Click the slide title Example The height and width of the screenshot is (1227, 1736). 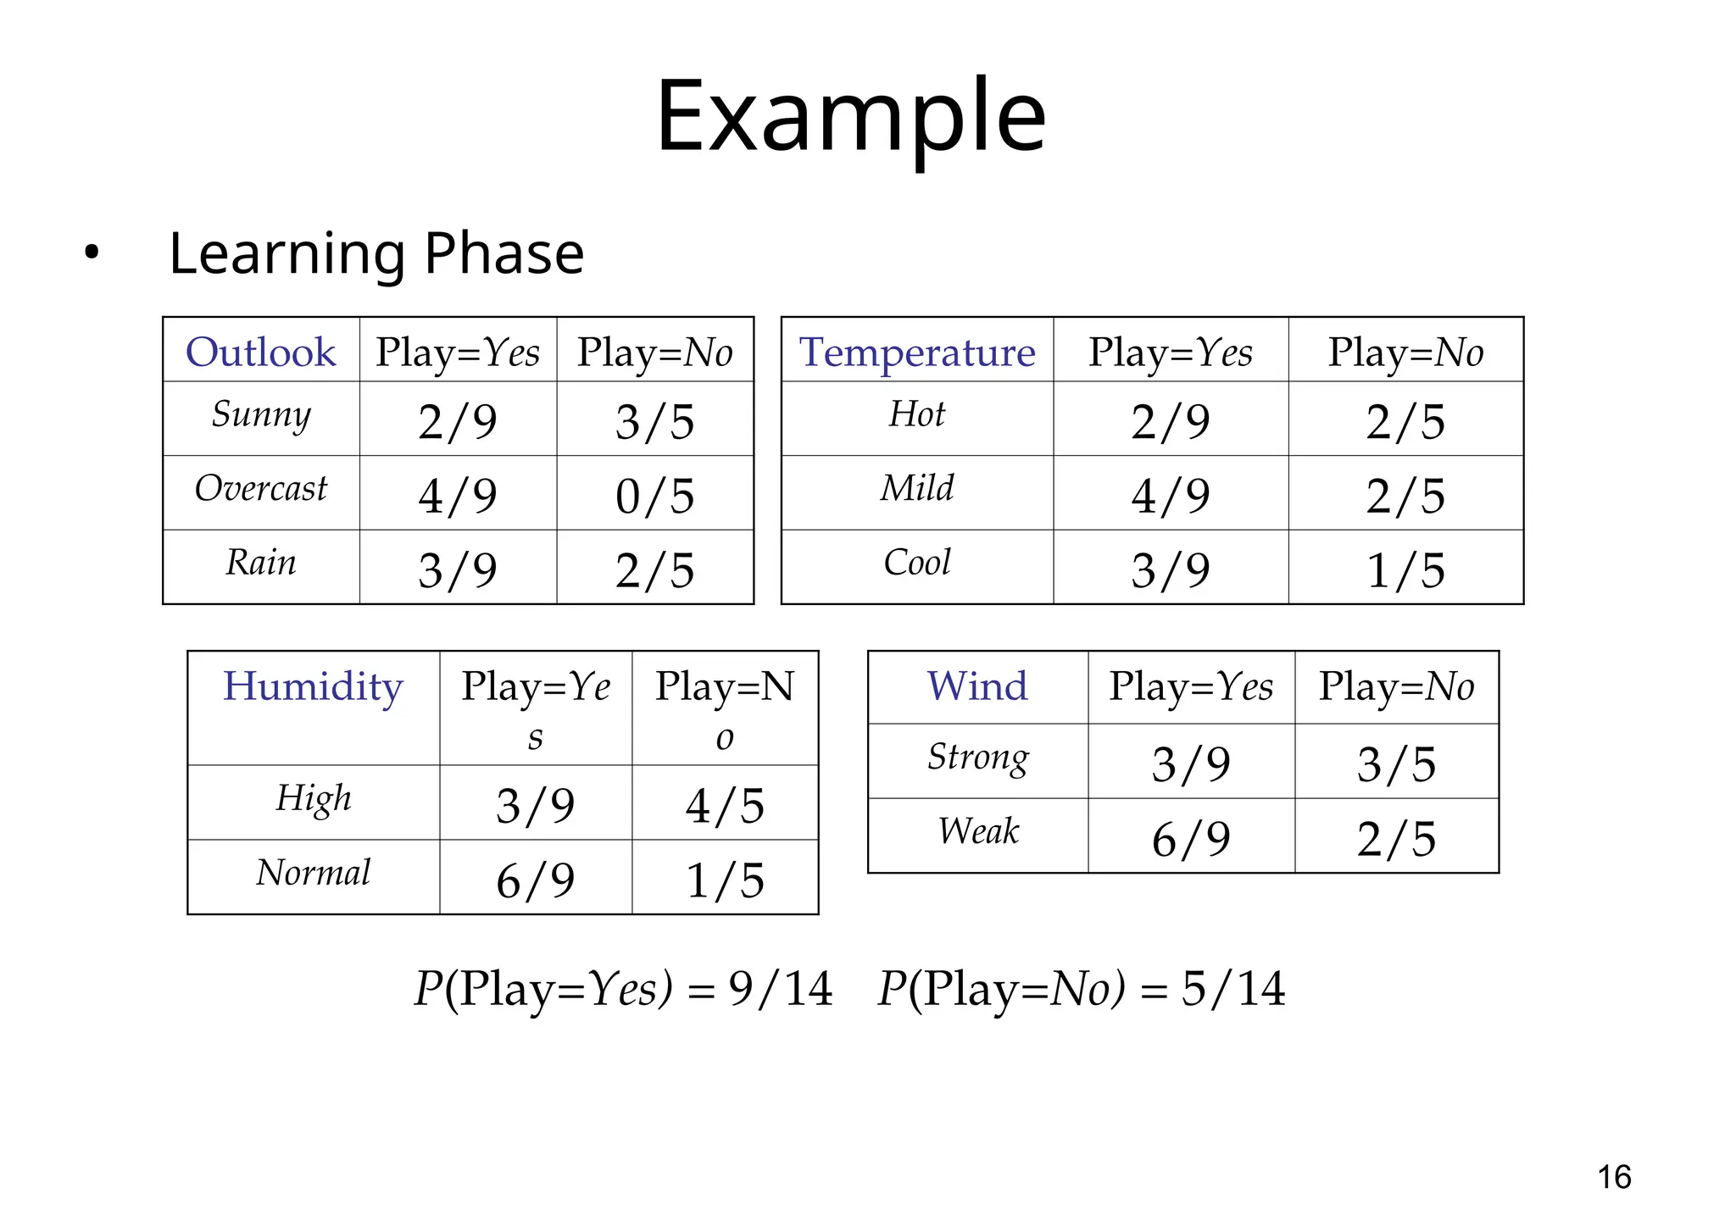[850, 116]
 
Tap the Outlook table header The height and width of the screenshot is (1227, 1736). [261, 352]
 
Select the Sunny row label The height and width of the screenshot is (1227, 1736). [261, 415]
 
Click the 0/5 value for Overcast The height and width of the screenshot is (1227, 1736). [654, 496]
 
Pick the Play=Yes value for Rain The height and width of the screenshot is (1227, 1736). [458, 569]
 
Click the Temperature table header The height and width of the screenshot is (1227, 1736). [917, 352]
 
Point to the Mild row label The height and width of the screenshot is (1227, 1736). [917, 489]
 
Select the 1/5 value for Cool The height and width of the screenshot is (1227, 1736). [1405, 569]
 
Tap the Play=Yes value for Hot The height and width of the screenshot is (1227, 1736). [1171, 421]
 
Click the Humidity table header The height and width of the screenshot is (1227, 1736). [313, 686]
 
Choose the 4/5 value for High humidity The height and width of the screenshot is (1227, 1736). [725, 805]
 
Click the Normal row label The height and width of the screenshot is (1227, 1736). [313, 873]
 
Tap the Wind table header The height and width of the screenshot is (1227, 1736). [977, 686]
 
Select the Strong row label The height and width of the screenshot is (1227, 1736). [977, 758]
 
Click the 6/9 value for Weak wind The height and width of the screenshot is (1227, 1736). [1191, 838]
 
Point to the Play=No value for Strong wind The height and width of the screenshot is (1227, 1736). [1396, 763]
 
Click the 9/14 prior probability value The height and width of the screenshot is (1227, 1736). [781, 989]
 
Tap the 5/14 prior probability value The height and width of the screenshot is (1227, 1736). [1233, 989]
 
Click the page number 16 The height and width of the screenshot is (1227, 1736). [1614, 1177]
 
